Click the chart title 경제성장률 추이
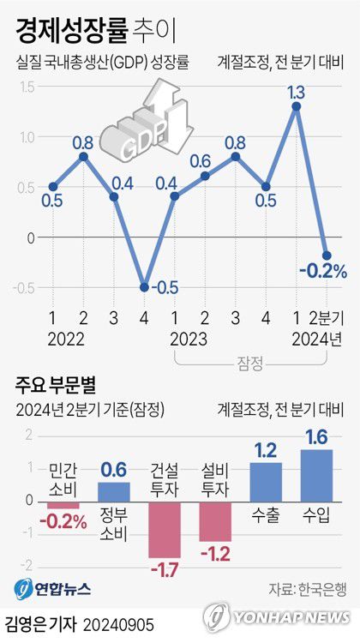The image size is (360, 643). point(95,32)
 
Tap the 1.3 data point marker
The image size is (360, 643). point(296,106)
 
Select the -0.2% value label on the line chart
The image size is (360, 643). point(322,272)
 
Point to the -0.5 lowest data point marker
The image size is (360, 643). point(144,287)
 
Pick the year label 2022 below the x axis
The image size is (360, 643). point(68,338)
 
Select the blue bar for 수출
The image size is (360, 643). point(266,481)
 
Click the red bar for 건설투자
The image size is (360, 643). point(165,529)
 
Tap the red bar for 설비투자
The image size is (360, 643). point(215,520)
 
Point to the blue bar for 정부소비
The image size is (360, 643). point(114,491)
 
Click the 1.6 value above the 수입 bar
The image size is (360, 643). point(316,438)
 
